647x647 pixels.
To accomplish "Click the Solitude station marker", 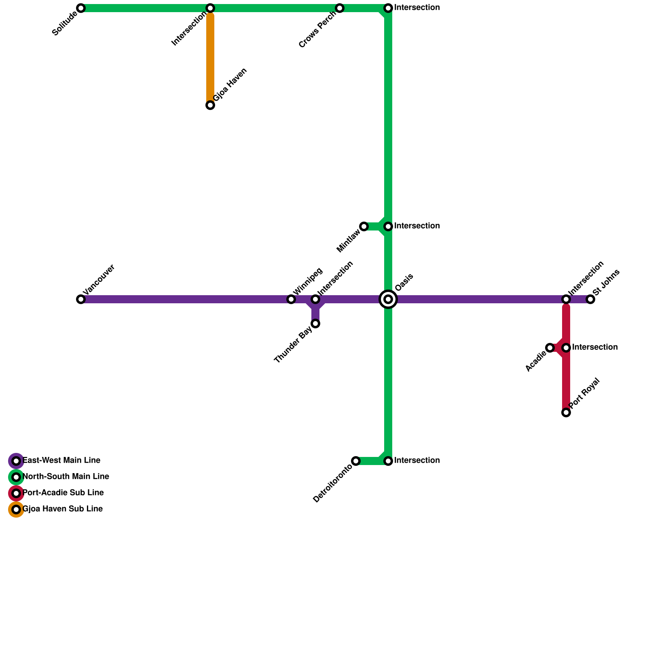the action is pos(81,8).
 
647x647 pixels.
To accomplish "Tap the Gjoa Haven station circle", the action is pos(210,105).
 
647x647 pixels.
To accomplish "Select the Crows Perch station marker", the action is pos(340,8).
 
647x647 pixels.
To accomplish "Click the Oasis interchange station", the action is pos(388,299).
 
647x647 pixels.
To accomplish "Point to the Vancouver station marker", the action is pos(81,299).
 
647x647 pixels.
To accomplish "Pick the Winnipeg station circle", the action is pos(291,299).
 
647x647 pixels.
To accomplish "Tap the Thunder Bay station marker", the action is pos(315,323).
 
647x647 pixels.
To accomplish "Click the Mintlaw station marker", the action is pos(364,226).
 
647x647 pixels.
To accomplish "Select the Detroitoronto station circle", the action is pos(356,461).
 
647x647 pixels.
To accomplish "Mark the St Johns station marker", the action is pos(590,299).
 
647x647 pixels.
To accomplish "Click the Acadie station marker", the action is pos(550,348).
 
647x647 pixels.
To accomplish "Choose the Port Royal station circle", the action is pos(566,412).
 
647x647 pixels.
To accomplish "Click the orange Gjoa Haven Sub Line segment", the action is pos(210,57).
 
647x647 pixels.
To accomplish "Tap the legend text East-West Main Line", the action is pos(61,461).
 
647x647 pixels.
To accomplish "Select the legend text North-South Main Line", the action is pos(66,477).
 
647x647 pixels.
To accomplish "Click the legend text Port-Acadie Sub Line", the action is pos(63,493).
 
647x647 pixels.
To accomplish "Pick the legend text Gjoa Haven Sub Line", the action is pos(63,509).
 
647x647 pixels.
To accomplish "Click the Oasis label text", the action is pos(404,282).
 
